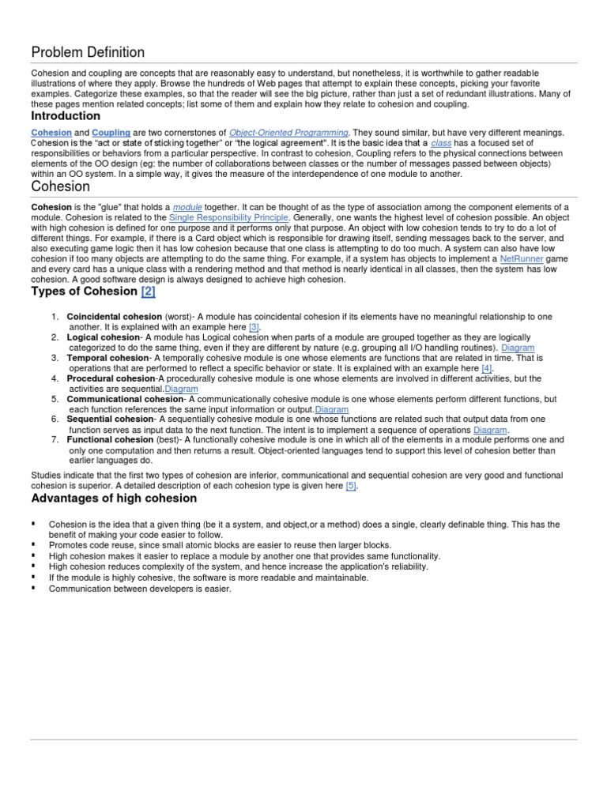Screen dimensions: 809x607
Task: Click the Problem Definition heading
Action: [x=88, y=53]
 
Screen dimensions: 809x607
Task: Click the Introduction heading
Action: [x=66, y=116]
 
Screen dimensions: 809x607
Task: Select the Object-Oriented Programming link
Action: [x=288, y=133]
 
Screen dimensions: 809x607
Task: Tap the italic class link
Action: [x=440, y=143]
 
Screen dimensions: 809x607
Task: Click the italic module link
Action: [x=187, y=207]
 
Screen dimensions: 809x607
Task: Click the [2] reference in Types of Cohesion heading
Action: [x=149, y=292]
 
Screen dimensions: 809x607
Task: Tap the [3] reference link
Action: [x=254, y=327]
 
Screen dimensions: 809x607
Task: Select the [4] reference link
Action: [x=487, y=368]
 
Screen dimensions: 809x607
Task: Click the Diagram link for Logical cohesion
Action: [x=518, y=348]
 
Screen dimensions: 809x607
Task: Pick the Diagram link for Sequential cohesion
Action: [x=489, y=430]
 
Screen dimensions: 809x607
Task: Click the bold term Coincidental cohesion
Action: [x=114, y=317]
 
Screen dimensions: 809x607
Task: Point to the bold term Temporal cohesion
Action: [x=108, y=358]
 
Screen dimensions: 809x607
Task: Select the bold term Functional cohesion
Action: [x=110, y=440]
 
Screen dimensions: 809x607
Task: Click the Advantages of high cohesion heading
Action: [x=114, y=499]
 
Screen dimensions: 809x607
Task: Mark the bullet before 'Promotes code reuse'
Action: [x=34, y=545]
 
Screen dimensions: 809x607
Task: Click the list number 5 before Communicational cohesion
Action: [x=55, y=399]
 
